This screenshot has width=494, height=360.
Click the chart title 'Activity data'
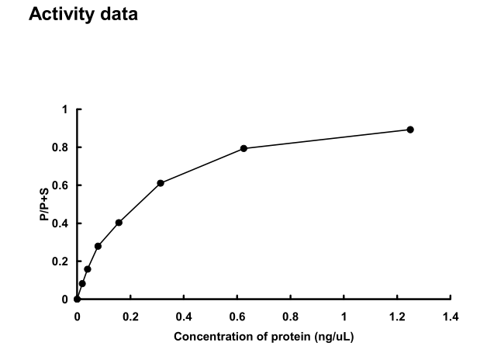[x=83, y=15]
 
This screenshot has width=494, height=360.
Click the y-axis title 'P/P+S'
[x=46, y=205]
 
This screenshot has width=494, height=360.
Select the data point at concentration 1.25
[x=410, y=130]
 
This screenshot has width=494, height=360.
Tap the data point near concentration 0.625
[x=244, y=148]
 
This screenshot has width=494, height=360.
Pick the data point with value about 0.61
[x=161, y=183]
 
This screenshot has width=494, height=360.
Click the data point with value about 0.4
[x=119, y=223]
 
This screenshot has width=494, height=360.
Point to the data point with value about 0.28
[x=98, y=246]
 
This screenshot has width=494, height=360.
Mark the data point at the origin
[x=77, y=299]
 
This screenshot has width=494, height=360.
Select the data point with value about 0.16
[x=88, y=269]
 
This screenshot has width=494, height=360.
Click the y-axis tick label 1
[x=66, y=109]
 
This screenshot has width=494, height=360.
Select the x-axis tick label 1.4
[x=451, y=316]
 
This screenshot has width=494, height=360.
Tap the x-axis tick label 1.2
[x=397, y=316]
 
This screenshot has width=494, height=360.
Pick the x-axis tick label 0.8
[x=291, y=316]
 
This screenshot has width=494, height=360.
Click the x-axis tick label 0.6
[x=237, y=316]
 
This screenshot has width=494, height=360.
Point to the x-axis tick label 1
[x=344, y=316]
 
